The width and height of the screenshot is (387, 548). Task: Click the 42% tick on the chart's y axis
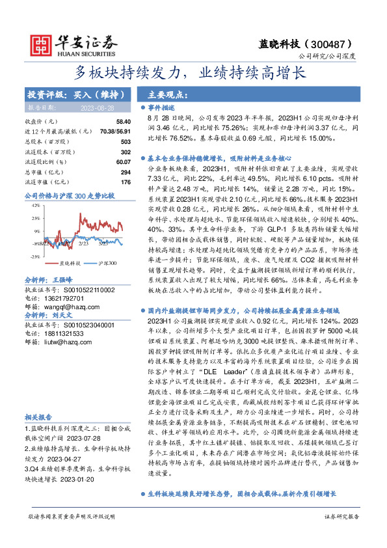[x=35, y=206]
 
